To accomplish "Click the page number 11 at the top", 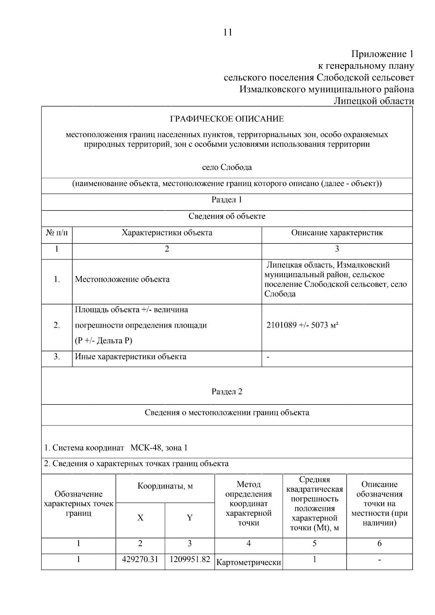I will click(x=228, y=32).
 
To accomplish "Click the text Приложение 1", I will click(x=382, y=54).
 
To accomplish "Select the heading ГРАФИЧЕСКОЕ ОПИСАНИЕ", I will click(x=227, y=119).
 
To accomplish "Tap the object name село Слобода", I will click(x=227, y=167).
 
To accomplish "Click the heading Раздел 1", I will click(x=227, y=200).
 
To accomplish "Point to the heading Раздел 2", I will click(x=227, y=391).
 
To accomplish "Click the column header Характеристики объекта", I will click(x=167, y=233).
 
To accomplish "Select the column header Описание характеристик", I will click(x=337, y=233).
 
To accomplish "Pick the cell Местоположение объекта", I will click(x=122, y=279).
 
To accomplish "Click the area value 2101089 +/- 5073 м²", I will click(x=302, y=325).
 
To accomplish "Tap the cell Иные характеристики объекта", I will click(x=130, y=357).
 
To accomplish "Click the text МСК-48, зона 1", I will click(x=159, y=448).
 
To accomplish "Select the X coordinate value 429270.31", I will click(x=140, y=559).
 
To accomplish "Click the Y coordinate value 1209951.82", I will click(x=190, y=559).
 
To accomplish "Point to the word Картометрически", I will click(x=249, y=562).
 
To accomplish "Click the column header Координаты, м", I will click(x=165, y=486).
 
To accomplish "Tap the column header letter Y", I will click(x=190, y=518).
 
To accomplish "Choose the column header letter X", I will click(x=140, y=518).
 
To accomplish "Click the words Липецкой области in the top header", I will click(x=373, y=101).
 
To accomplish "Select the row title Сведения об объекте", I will click(x=227, y=216).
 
